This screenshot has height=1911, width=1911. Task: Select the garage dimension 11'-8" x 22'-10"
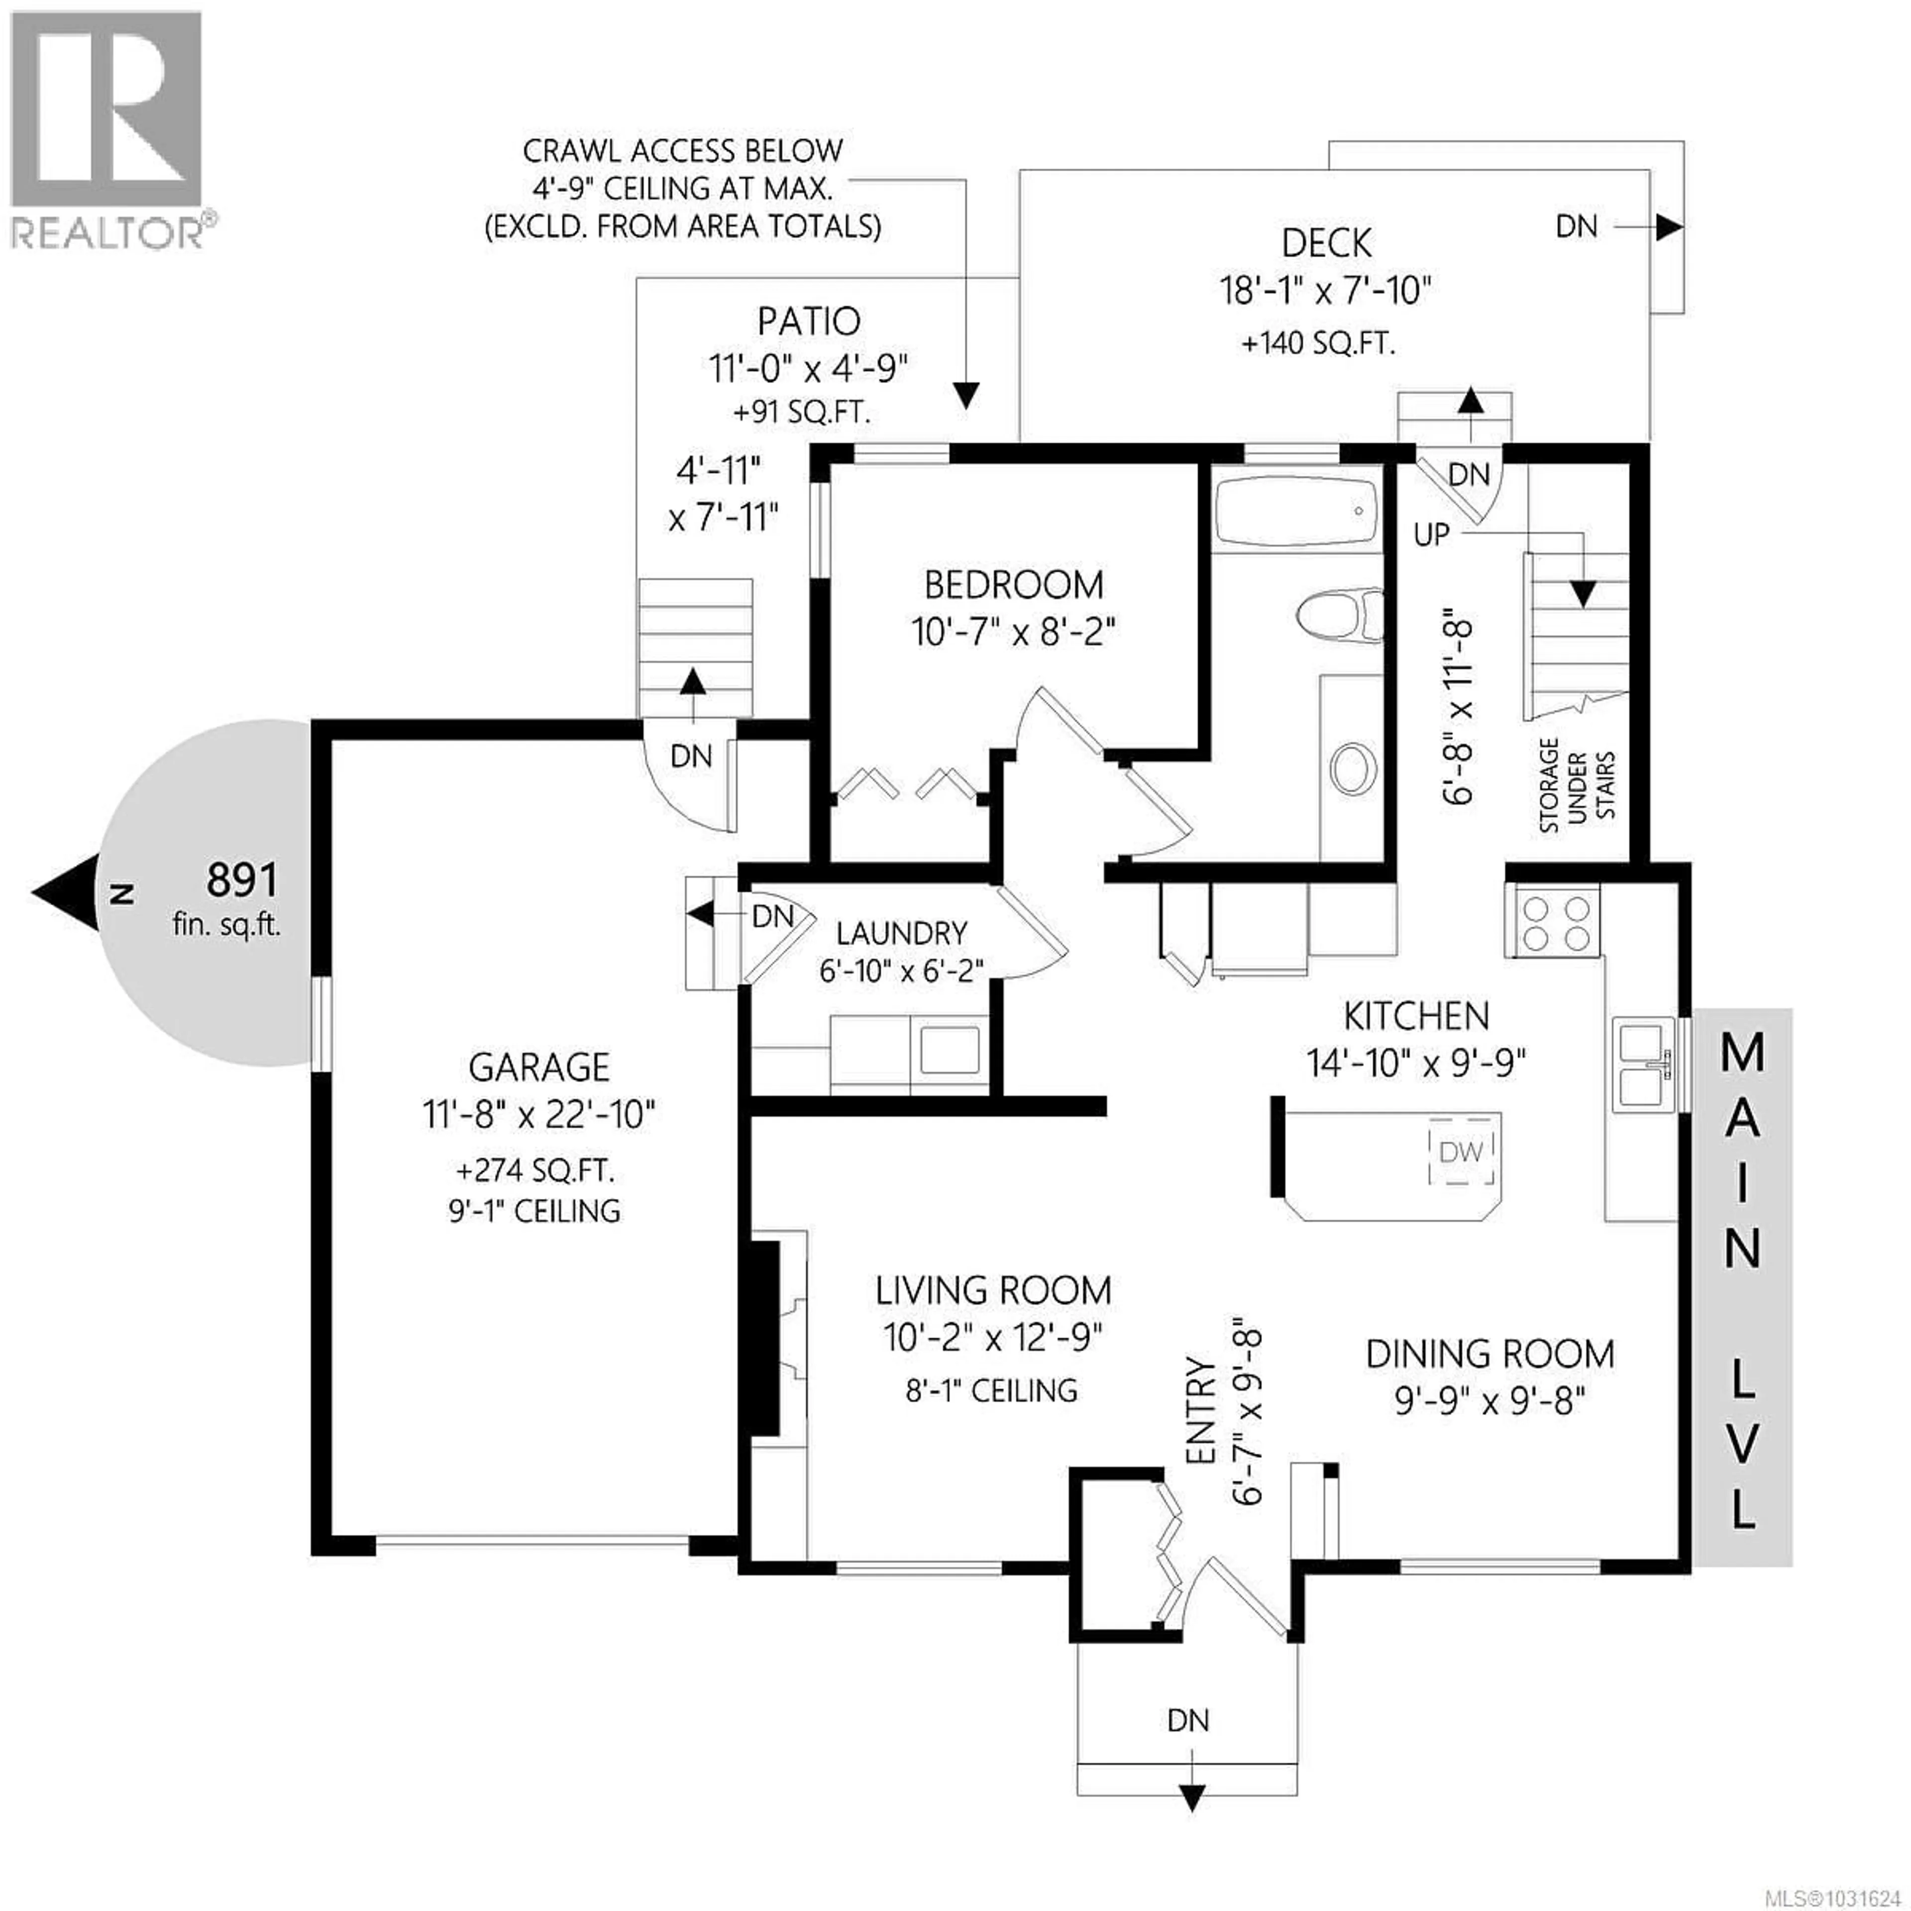[539, 1115]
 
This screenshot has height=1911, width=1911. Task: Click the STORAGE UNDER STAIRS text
[1577, 784]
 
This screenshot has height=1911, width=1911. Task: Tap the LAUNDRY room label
[901, 933]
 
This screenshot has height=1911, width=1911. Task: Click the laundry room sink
[950, 1051]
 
